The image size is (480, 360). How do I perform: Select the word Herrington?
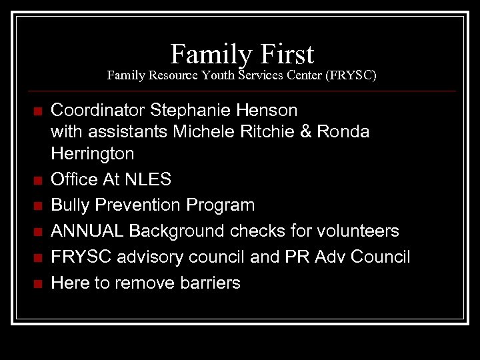pyautogui.click(x=93, y=155)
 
